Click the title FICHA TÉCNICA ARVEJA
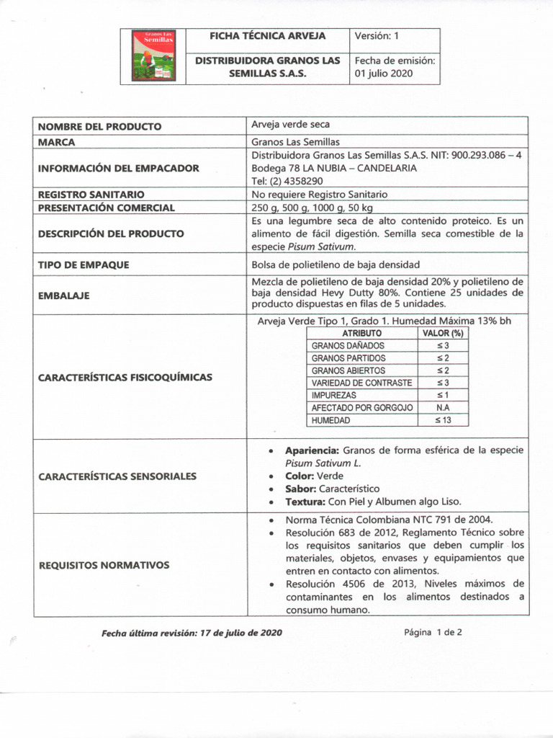click(267, 36)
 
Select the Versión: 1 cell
click(377, 36)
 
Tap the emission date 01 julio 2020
click(384, 74)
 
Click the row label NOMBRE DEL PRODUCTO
click(99, 126)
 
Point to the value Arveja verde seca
click(291, 125)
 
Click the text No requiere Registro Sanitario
click(319, 195)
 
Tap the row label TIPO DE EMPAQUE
click(84, 264)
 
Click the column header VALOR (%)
click(443, 333)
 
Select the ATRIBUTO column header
click(362, 333)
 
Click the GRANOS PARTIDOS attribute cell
click(349, 358)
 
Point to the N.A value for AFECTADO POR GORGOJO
click(443, 407)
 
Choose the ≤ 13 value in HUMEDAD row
click(443, 420)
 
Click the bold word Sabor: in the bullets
click(301, 489)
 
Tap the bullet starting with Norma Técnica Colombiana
click(390, 519)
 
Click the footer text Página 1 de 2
click(433, 632)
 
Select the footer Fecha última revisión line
click(192, 632)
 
